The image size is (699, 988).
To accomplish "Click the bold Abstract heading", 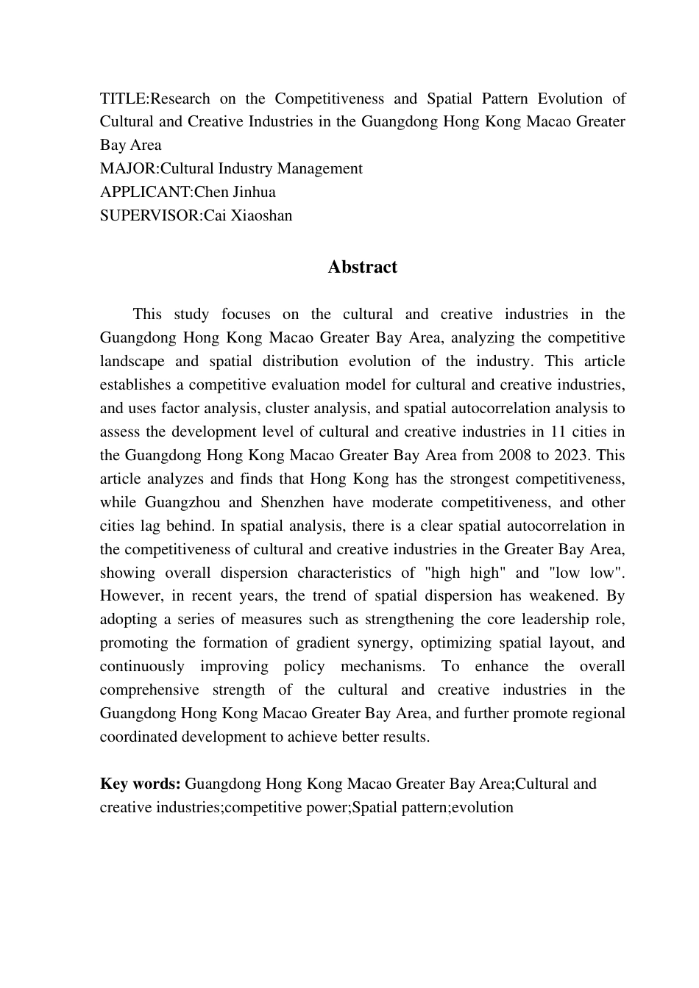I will [362, 267].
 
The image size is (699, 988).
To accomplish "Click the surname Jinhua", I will [254, 193].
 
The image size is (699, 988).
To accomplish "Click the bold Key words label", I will [140, 784].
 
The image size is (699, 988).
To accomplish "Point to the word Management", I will [320, 169].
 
